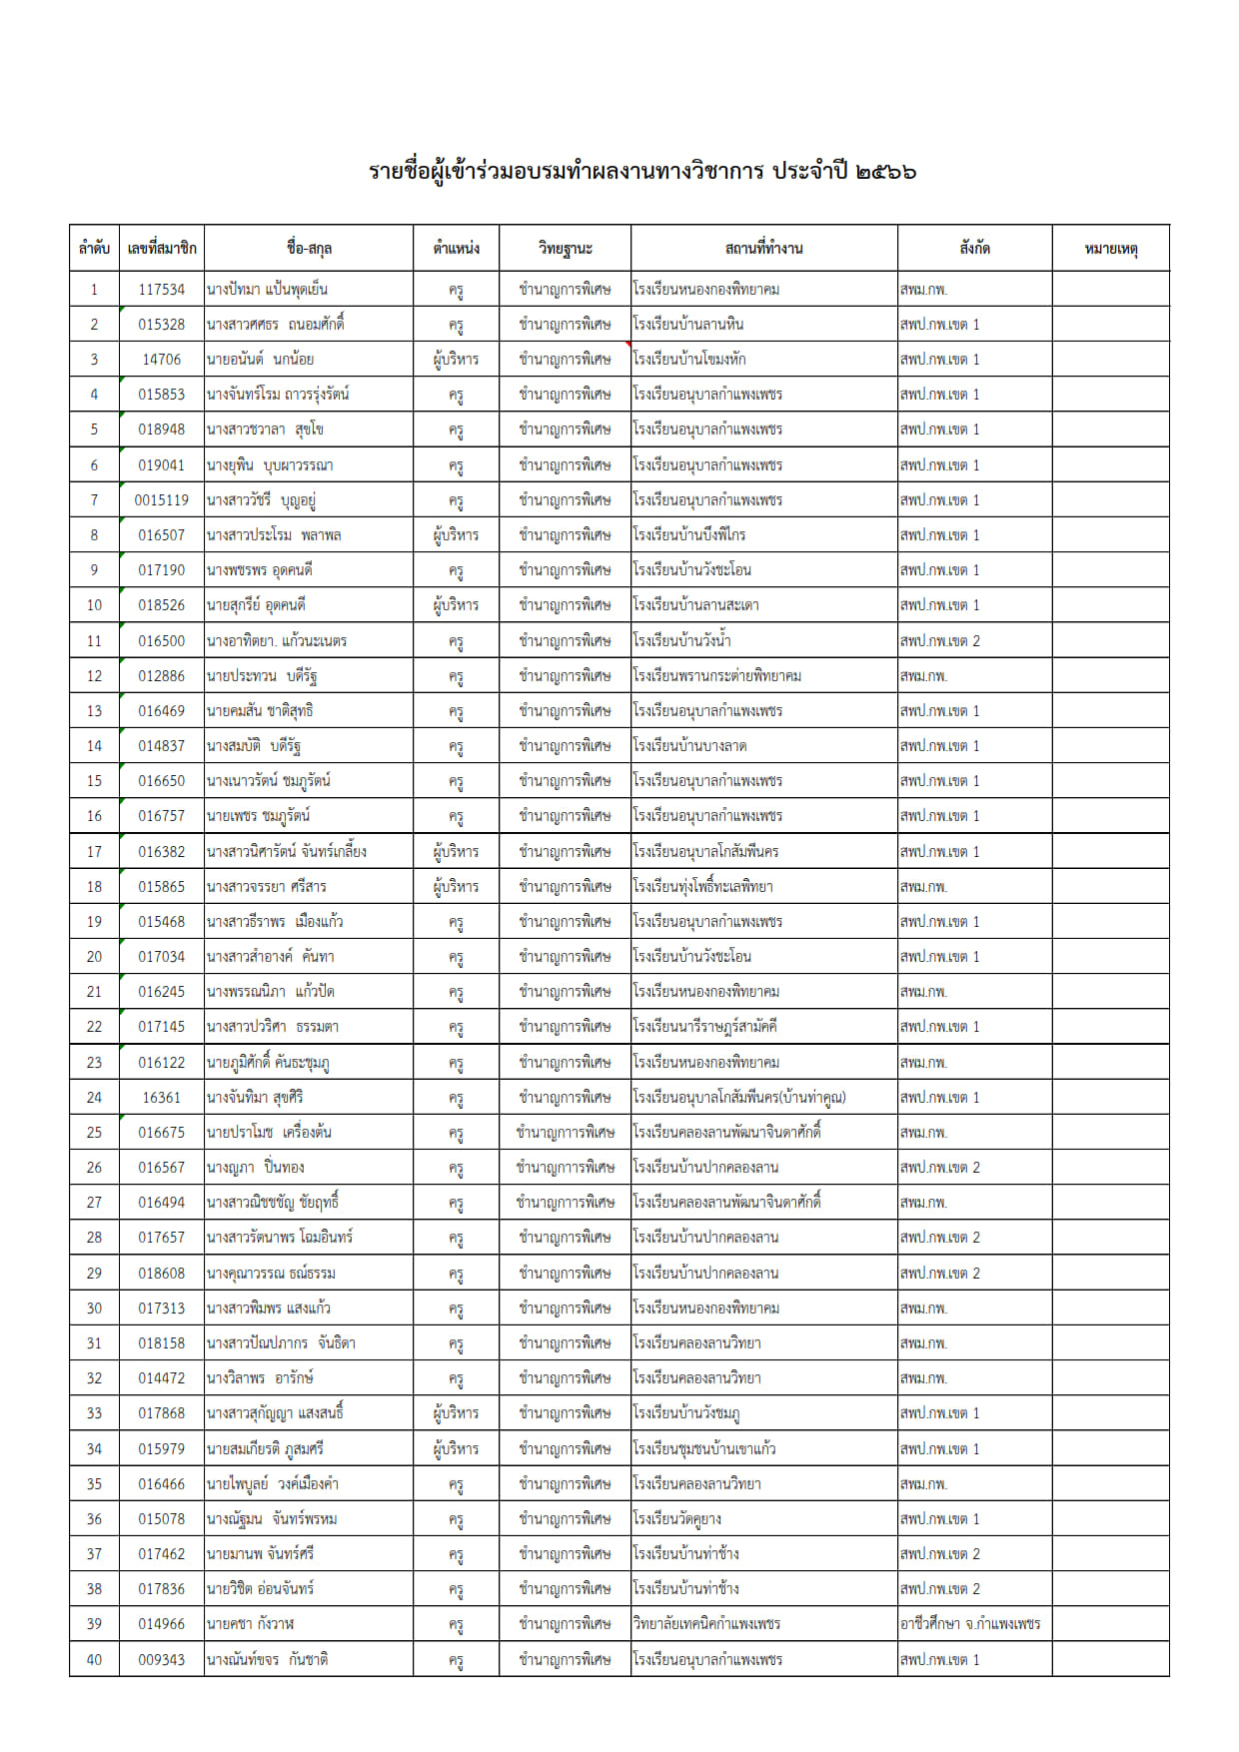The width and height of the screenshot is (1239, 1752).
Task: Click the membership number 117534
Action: [161, 290]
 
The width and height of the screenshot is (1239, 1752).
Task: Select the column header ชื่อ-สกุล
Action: [309, 248]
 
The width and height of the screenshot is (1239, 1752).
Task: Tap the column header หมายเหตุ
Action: [1110, 248]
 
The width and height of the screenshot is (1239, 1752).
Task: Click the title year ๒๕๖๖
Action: [886, 171]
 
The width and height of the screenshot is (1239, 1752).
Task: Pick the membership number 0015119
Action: [161, 500]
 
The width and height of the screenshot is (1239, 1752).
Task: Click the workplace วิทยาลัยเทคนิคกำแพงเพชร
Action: [706, 1624]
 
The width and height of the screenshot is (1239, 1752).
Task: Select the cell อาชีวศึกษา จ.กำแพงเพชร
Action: [970, 1624]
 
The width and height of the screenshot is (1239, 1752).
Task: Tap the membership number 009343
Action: [161, 1659]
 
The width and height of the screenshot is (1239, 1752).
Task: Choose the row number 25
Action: [94, 1133]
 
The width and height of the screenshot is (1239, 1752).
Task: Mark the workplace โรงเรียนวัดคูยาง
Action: [676, 1519]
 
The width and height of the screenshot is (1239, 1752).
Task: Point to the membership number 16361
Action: [161, 1098]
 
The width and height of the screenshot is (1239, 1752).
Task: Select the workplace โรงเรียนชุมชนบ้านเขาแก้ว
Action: [703, 1448]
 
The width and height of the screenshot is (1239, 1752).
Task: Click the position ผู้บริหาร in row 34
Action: [456, 1448]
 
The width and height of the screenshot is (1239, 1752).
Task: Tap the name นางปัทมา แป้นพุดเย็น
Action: [267, 290]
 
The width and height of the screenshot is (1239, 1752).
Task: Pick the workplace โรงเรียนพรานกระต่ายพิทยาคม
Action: [716, 676]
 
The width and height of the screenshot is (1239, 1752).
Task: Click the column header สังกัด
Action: [974, 248]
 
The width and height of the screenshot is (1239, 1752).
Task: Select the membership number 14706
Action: [161, 360]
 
